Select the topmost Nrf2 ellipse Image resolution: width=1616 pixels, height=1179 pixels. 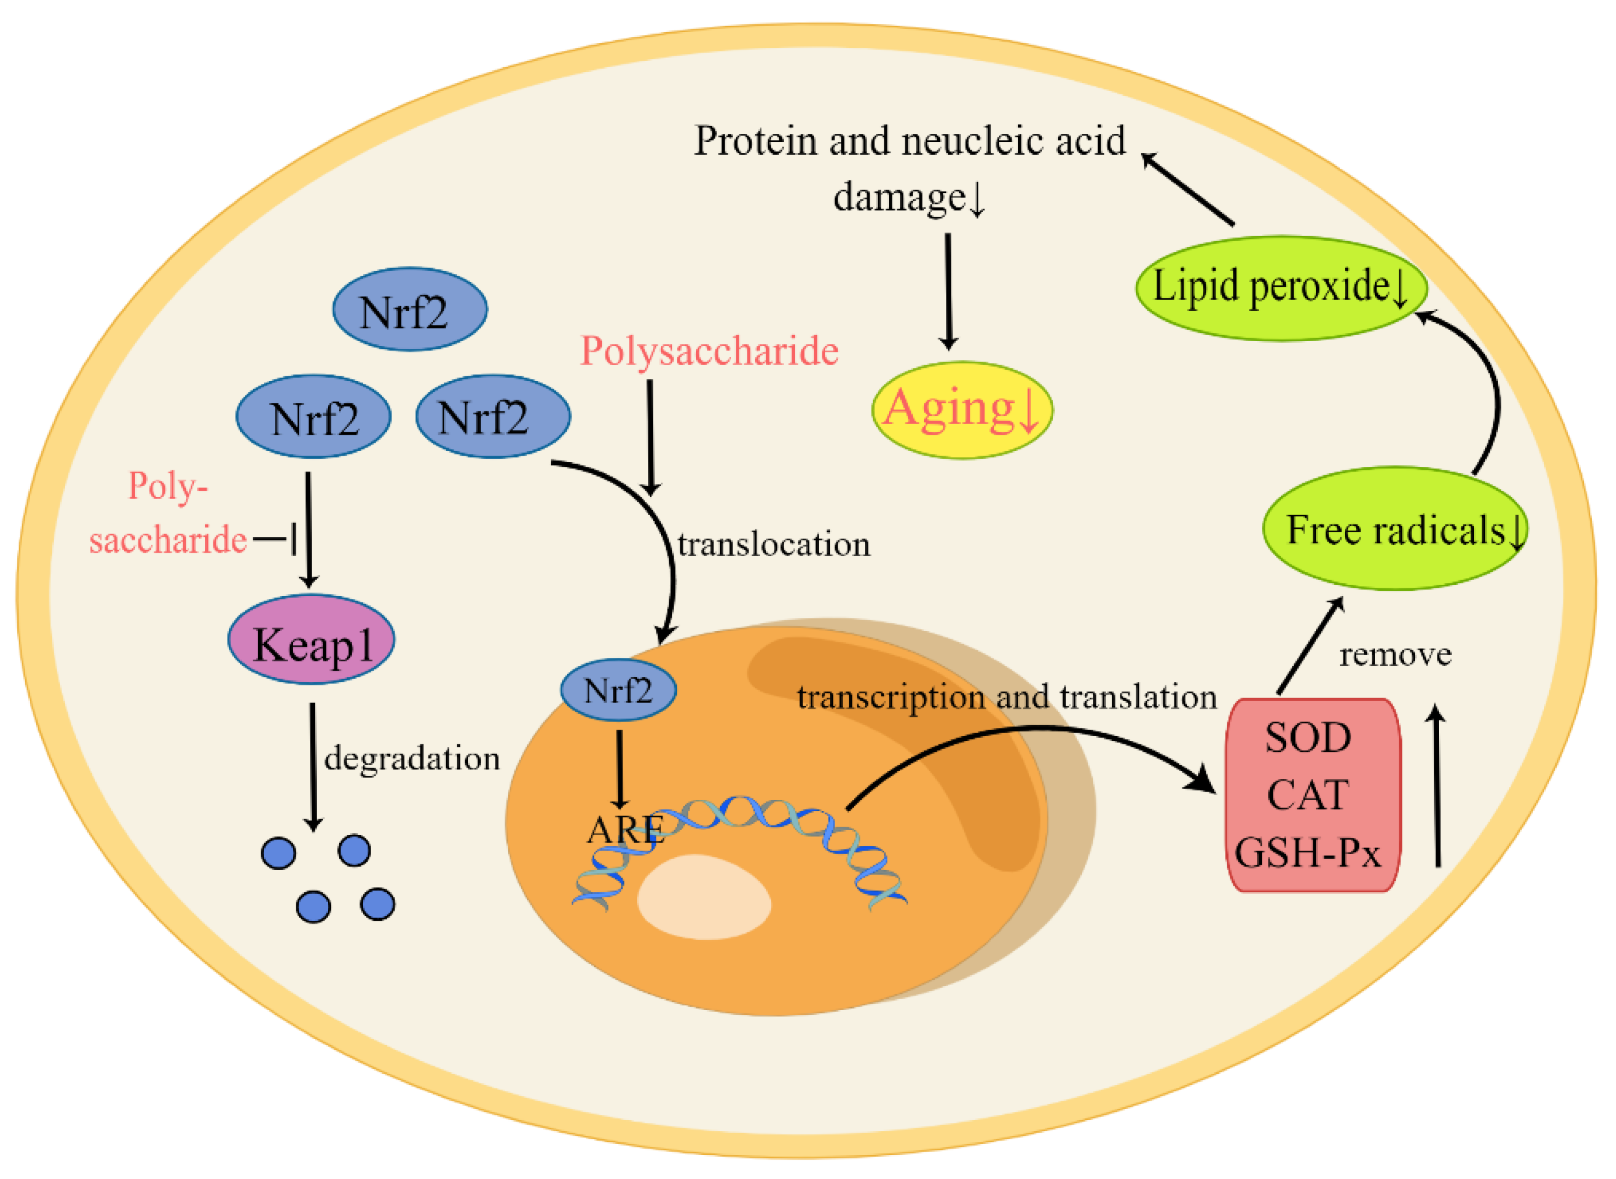coord(410,310)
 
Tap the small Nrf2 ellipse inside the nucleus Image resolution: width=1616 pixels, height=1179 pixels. coord(618,690)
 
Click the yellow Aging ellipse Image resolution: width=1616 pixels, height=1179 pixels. coord(962,410)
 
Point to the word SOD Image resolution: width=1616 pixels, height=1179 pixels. coord(1307,737)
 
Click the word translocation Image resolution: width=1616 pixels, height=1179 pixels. coord(774,545)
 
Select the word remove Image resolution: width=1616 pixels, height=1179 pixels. coord(1396,654)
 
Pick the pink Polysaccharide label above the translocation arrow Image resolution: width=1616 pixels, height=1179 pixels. coord(709,351)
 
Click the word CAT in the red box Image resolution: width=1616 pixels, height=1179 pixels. coord(1307,795)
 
